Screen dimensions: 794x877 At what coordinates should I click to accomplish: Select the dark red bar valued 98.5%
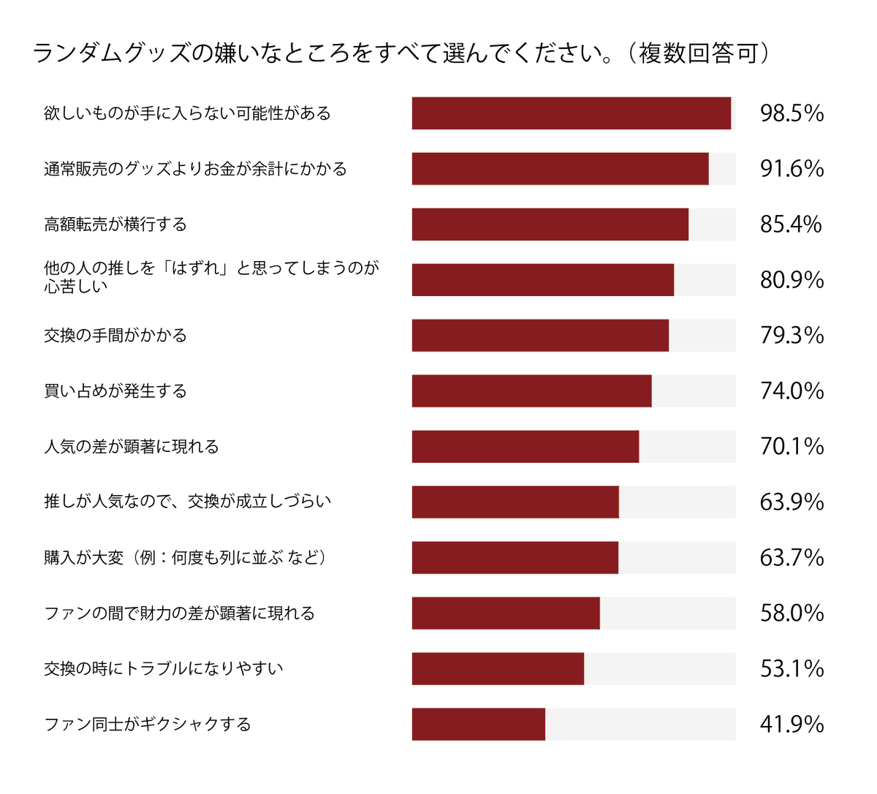pyautogui.click(x=572, y=113)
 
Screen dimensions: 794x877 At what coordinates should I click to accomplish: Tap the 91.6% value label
pyautogui.click(x=791, y=169)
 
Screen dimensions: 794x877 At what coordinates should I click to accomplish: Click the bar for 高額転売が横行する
pyautogui.click(x=550, y=224)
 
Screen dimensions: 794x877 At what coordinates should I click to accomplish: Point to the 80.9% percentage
pyautogui.click(x=791, y=280)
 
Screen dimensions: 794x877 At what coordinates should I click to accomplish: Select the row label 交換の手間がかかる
pyautogui.click(x=115, y=336)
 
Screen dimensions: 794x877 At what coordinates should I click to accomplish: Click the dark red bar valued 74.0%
pyautogui.click(x=531, y=391)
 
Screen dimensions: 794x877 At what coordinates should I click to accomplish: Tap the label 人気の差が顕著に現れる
pyautogui.click(x=132, y=447)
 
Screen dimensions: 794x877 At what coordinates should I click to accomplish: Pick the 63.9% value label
pyautogui.click(x=791, y=502)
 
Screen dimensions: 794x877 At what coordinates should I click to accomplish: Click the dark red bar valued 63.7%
pyautogui.click(x=515, y=558)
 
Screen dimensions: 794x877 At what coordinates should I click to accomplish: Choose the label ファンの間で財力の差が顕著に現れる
pyautogui.click(x=179, y=613)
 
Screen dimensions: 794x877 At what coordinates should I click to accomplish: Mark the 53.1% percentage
pyautogui.click(x=791, y=669)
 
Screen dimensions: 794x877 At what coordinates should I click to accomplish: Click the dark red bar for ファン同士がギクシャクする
pyautogui.click(x=478, y=725)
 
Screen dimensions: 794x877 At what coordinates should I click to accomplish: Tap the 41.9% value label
pyautogui.click(x=791, y=725)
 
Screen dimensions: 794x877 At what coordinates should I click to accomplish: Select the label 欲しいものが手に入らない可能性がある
pyautogui.click(x=187, y=113)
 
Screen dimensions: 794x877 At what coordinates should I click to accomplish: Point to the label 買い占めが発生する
pyautogui.click(x=115, y=391)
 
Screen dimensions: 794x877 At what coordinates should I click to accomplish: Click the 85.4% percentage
pyautogui.click(x=791, y=224)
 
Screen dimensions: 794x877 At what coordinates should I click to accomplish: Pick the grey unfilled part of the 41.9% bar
pyautogui.click(x=640, y=725)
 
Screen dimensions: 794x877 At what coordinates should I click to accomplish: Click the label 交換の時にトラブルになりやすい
pyautogui.click(x=163, y=669)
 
